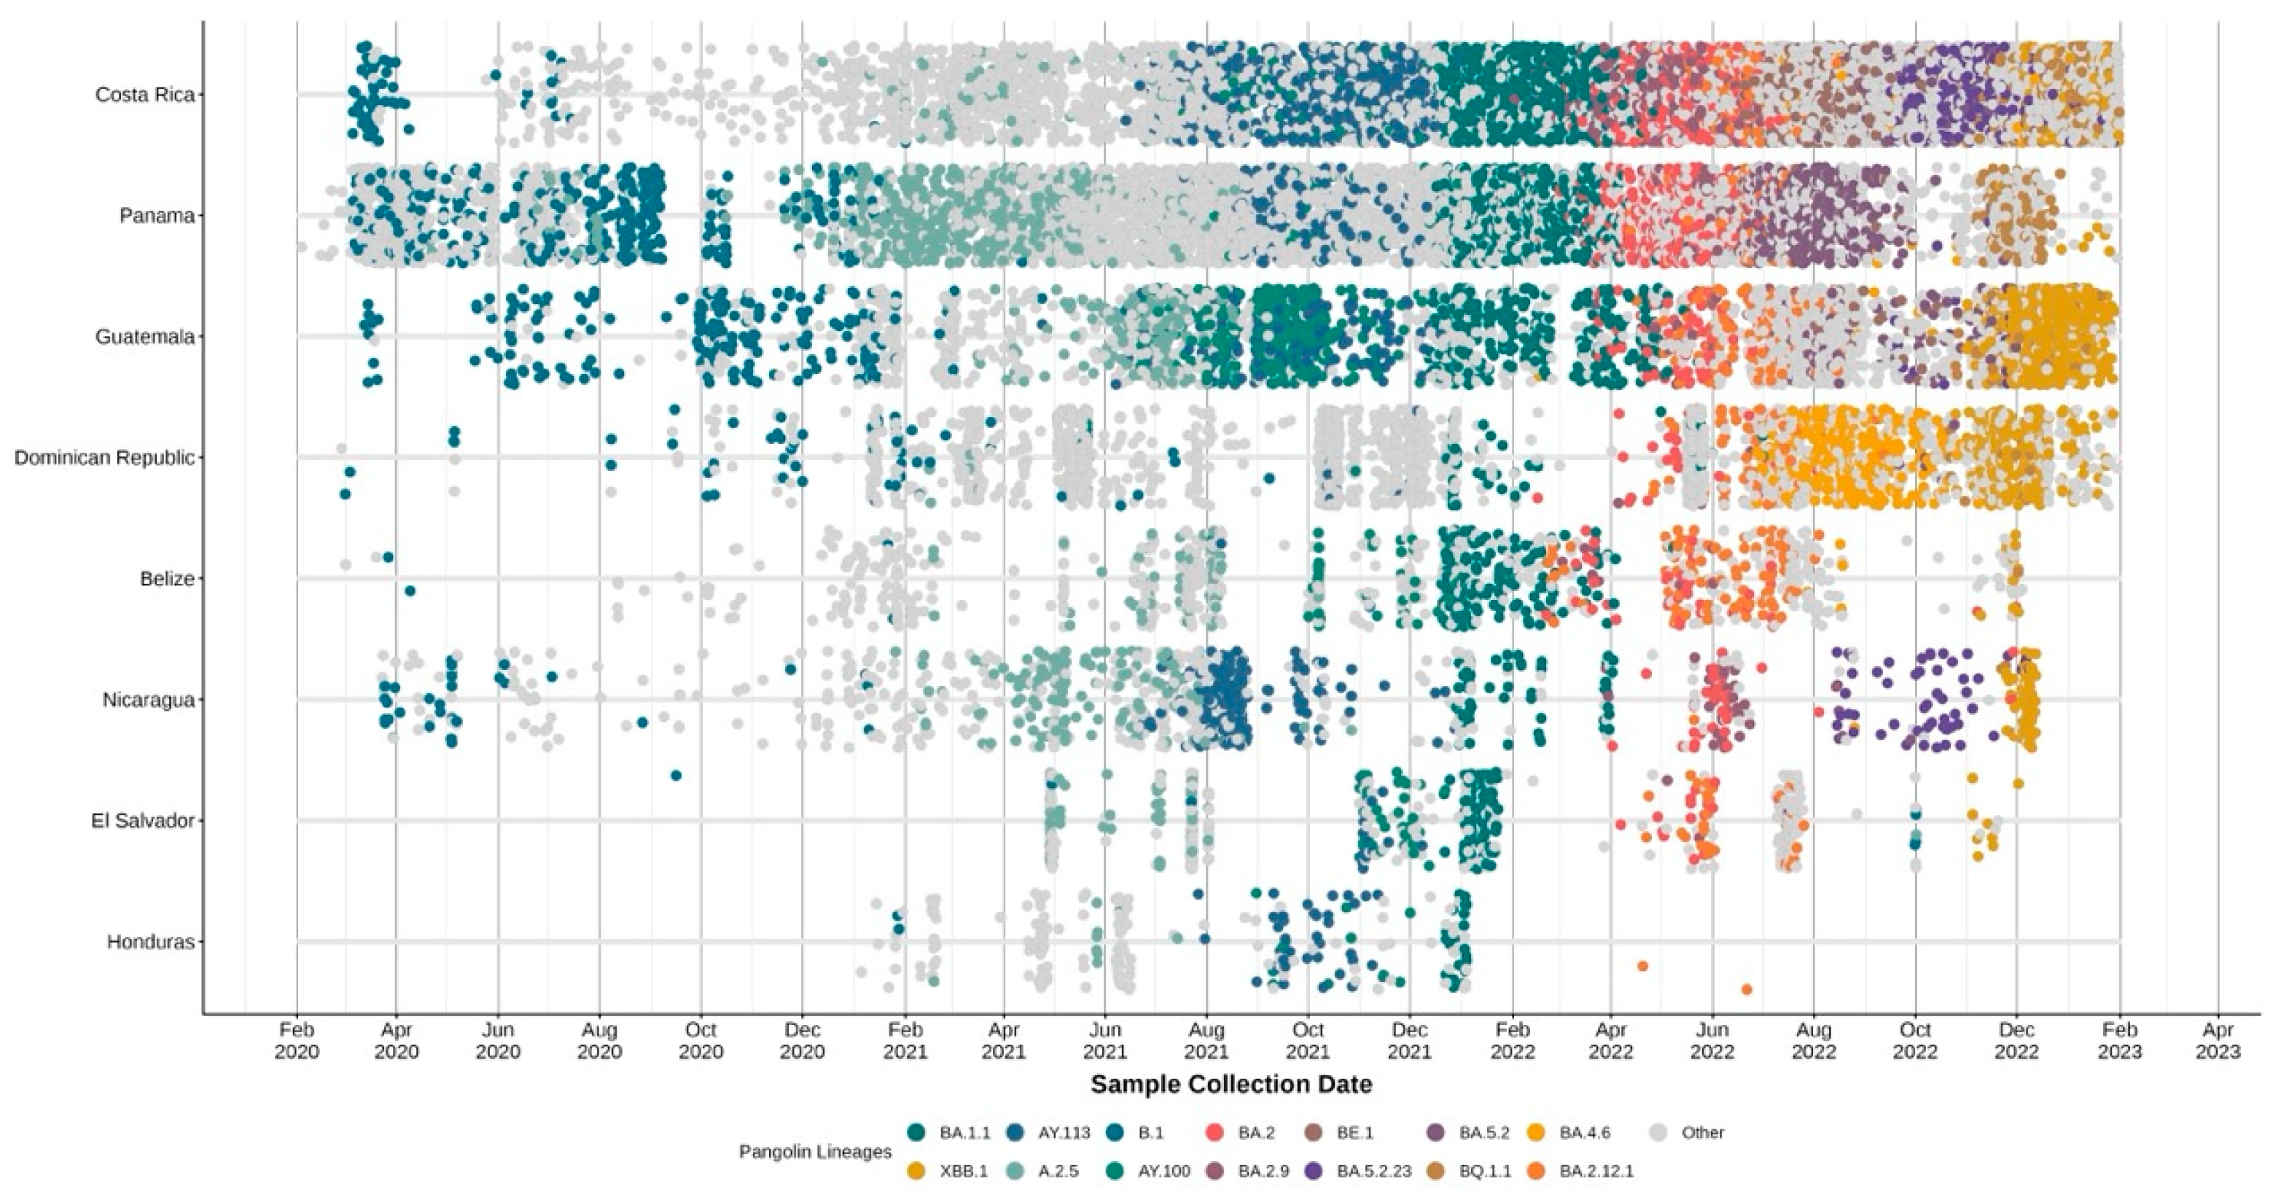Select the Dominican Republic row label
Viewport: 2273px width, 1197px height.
click(x=104, y=458)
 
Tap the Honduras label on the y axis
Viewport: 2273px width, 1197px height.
click(x=150, y=942)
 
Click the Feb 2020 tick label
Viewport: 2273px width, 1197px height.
click(x=297, y=1041)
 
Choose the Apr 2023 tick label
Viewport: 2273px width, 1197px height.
click(x=2218, y=1041)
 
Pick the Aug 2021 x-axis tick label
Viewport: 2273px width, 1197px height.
click(x=1206, y=1041)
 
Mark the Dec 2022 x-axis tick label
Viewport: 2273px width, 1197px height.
click(x=2016, y=1041)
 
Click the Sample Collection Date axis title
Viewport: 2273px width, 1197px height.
click(x=1231, y=1084)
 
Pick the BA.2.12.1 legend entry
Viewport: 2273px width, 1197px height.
click(x=1596, y=1172)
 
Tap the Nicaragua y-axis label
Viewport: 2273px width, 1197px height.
click(x=147, y=701)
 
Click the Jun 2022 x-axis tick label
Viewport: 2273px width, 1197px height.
click(x=1712, y=1041)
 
